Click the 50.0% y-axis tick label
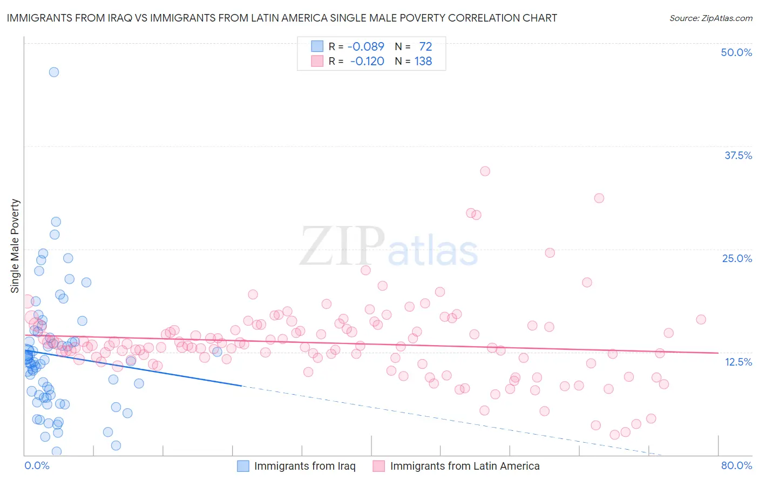point(736,52)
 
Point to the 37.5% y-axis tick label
point(738,155)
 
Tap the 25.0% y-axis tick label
point(737,258)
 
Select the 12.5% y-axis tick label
point(738,362)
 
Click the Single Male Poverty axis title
point(15,246)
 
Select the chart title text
point(282,18)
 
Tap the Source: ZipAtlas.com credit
point(710,18)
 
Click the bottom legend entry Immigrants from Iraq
point(304,466)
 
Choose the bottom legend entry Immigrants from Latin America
point(464,466)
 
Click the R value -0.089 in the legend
point(365,46)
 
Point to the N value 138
point(423,61)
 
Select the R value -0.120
point(367,61)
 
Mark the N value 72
point(425,46)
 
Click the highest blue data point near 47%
point(54,72)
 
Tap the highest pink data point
point(485,171)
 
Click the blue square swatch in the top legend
point(317,46)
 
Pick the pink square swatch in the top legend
point(317,61)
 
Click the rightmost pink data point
point(701,319)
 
